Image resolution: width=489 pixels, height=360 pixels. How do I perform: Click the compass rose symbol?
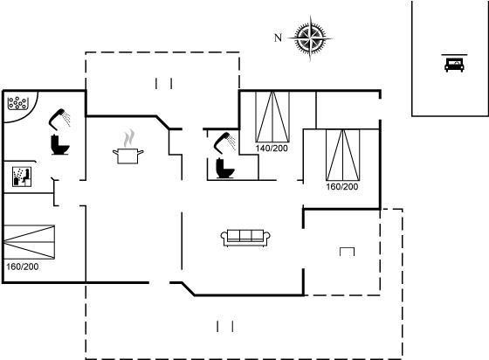(x=310, y=38)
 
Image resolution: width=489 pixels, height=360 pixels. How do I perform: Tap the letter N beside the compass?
(x=278, y=38)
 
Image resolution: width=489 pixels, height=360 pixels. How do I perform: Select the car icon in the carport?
(x=454, y=65)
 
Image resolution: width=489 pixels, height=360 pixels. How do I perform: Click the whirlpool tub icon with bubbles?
(x=17, y=103)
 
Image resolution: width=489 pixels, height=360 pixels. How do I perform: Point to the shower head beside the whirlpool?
(x=59, y=119)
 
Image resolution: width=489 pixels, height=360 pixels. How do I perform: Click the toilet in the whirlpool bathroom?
(x=60, y=144)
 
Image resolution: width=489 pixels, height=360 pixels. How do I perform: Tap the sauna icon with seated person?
(x=22, y=177)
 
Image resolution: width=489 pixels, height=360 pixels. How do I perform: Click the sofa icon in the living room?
(x=245, y=238)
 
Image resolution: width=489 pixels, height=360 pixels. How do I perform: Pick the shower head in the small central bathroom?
(x=224, y=143)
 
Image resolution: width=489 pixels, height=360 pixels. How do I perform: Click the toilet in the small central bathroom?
(x=225, y=169)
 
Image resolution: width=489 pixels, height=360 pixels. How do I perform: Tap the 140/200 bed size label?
(x=272, y=149)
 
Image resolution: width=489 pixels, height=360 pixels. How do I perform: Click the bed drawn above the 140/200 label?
(x=272, y=117)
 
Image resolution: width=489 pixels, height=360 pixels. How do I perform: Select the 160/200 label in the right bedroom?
(x=342, y=186)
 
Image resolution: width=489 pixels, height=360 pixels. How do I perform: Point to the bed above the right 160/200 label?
(x=342, y=155)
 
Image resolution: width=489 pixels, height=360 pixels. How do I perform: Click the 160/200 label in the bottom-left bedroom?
(x=23, y=267)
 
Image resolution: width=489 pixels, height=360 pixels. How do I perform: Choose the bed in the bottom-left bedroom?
(x=30, y=242)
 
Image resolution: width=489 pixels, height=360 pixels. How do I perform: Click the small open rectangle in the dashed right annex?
(x=348, y=252)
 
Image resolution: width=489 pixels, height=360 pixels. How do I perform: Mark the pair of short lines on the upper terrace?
(x=164, y=84)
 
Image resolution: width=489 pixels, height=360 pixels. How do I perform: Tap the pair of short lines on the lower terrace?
(x=225, y=327)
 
